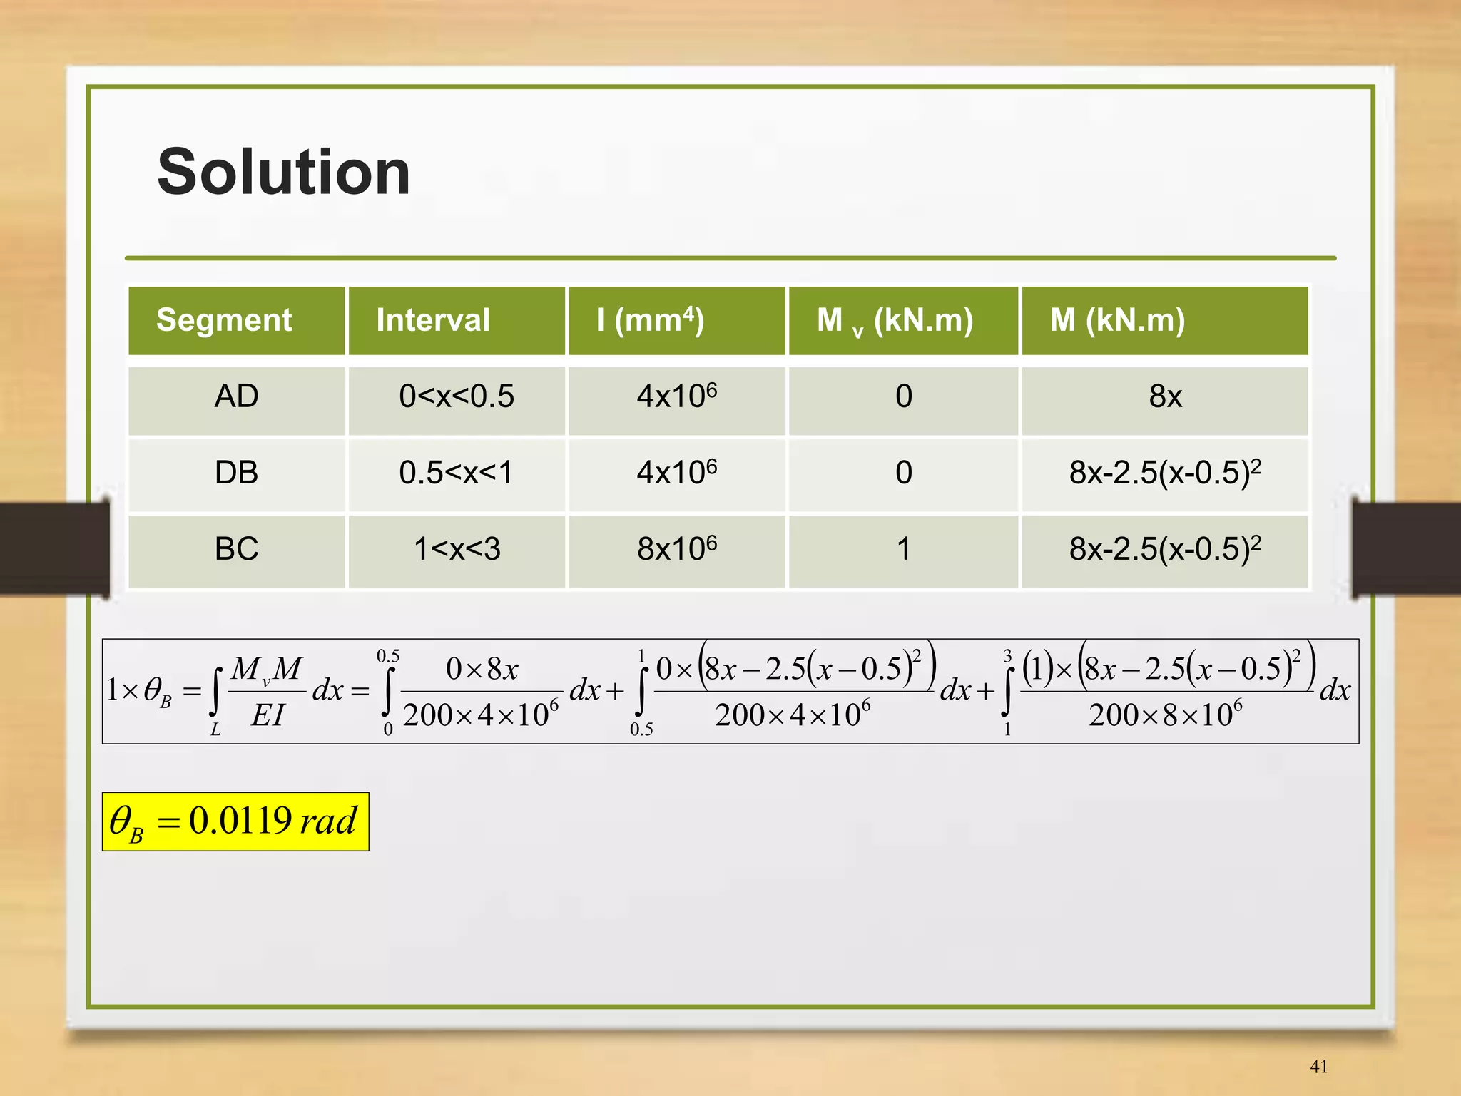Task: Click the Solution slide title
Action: click(x=283, y=172)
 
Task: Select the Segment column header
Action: click(x=224, y=320)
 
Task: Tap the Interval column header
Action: click(x=433, y=320)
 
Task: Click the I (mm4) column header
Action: click(x=650, y=320)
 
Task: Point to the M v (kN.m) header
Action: click(x=895, y=321)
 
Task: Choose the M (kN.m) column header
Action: click(x=1117, y=320)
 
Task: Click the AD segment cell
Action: click(x=236, y=396)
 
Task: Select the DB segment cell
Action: click(x=236, y=473)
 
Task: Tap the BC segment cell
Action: click(x=236, y=549)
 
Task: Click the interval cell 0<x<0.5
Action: click(x=457, y=396)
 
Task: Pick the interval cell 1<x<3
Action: click(x=457, y=549)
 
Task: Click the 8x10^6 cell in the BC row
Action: click(x=676, y=549)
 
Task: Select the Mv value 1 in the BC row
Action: click(x=903, y=549)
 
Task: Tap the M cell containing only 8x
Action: click(x=1165, y=396)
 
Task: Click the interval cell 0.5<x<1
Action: click(x=457, y=473)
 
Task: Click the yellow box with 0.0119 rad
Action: click(x=235, y=821)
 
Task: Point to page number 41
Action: click(x=1319, y=1066)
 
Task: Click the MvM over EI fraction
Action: click(x=267, y=691)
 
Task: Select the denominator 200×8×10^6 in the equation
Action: click(x=1165, y=715)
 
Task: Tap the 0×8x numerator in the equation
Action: click(x=482, y=669)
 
